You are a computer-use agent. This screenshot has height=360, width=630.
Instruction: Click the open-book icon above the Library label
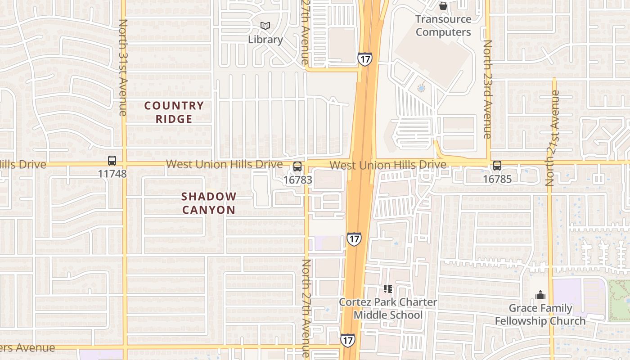pyautogui.click(x=265, y=26)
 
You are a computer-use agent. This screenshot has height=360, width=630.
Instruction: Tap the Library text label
pyautogui.click(x=265, y=40)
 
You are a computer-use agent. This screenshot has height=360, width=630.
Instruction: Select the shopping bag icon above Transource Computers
pyautogui.click(x=443, y=6)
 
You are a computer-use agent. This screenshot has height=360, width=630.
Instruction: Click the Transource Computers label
pyautogui.click(x=443, y=26)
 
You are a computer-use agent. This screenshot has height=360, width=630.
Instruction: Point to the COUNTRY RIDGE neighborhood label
pyautogui.click(x=174, y=112)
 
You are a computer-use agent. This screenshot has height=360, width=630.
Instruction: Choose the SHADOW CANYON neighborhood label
pyautogui.click(x=209, y=203)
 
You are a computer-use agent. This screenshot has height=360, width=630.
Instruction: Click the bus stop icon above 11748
pyautogui.click(x=112, y=161)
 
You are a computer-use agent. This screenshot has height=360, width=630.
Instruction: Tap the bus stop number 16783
pyautogui.click(x=297, y=180)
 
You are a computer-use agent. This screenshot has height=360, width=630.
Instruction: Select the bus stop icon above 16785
pyautogui.click(x=497, y=166)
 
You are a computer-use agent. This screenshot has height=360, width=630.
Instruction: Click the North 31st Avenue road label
pyautogui.click(x=123, y=67)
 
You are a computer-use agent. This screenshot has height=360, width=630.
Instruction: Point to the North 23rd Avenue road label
pyautogui.click(x=487, y=89)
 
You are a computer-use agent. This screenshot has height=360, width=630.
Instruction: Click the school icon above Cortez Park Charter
pyautogui.click(x=387, y=289)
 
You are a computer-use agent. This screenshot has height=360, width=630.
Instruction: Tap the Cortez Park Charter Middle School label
pyautogui.click(x=388, y=308)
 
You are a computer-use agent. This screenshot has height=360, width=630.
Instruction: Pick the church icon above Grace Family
pyautogui.click(x=540, y=295)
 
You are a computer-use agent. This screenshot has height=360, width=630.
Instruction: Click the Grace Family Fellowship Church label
pyautogui.click(x=540, y=315)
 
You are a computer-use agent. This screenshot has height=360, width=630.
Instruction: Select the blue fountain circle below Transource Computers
pyautogui.click(x=421, y=88)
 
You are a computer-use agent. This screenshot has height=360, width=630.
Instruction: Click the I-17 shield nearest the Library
pyautogui.click(x=365, y=58)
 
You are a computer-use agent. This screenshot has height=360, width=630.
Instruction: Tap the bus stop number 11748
pyautogui.click(x=112, y=174)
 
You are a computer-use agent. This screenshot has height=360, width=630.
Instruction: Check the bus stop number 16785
pyautogui.click(x=497, y=179)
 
